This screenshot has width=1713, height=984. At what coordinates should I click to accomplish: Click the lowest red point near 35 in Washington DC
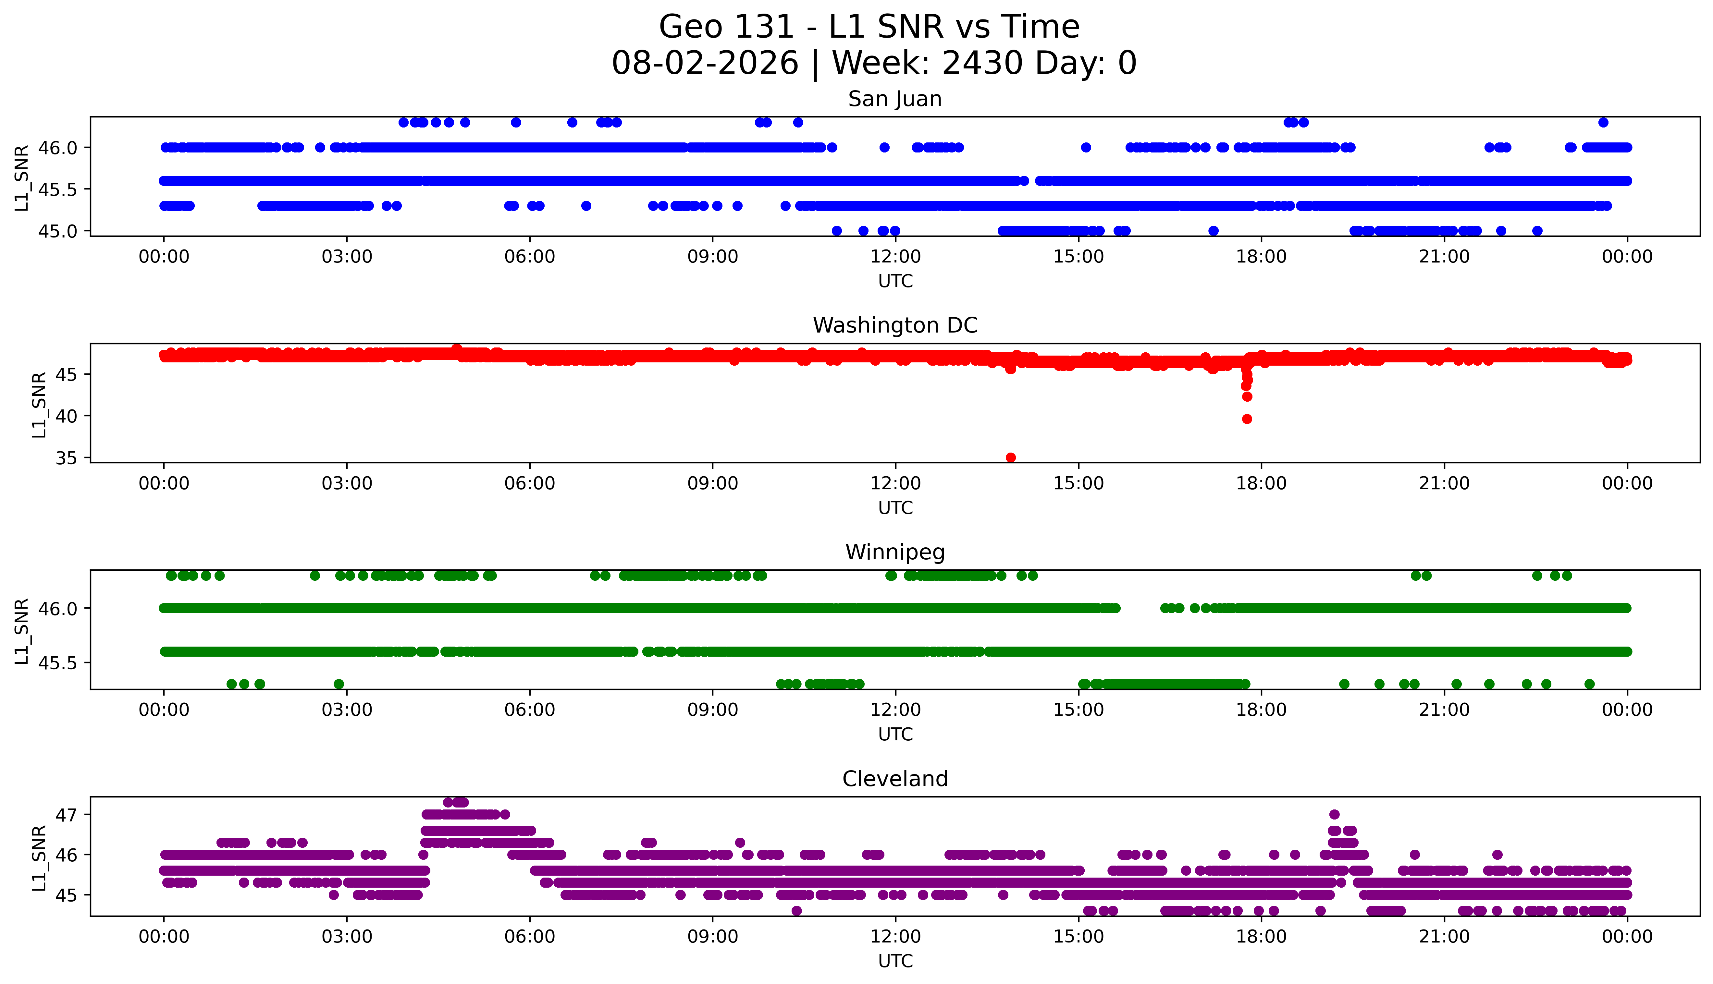pos(1011,457)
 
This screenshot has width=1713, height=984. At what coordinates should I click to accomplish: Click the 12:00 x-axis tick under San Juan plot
pos(896,257)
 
